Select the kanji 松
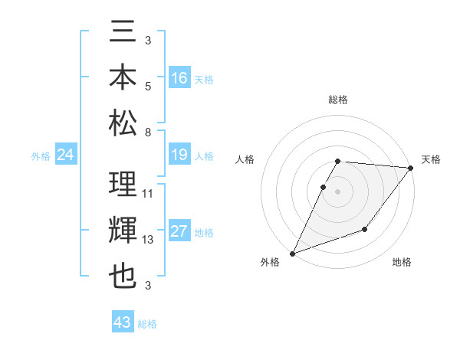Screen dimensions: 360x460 (123, 123)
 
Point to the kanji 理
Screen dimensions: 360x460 (123, 185)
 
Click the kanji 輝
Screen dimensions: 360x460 (123, 231)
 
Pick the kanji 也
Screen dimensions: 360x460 (123, 276)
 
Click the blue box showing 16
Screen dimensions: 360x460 (179, 78)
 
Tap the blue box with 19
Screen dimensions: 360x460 (179, 155)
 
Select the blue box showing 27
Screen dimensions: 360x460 (179, 232)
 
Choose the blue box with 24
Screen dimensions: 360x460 (65, 155)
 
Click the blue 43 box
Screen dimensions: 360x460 (122, 322)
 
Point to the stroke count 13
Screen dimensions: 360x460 (148, 240)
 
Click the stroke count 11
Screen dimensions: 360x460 (148, 194)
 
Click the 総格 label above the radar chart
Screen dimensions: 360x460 (337, 100)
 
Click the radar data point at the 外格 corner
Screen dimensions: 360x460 (292, 254)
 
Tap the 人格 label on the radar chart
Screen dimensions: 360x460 (245, 159)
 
